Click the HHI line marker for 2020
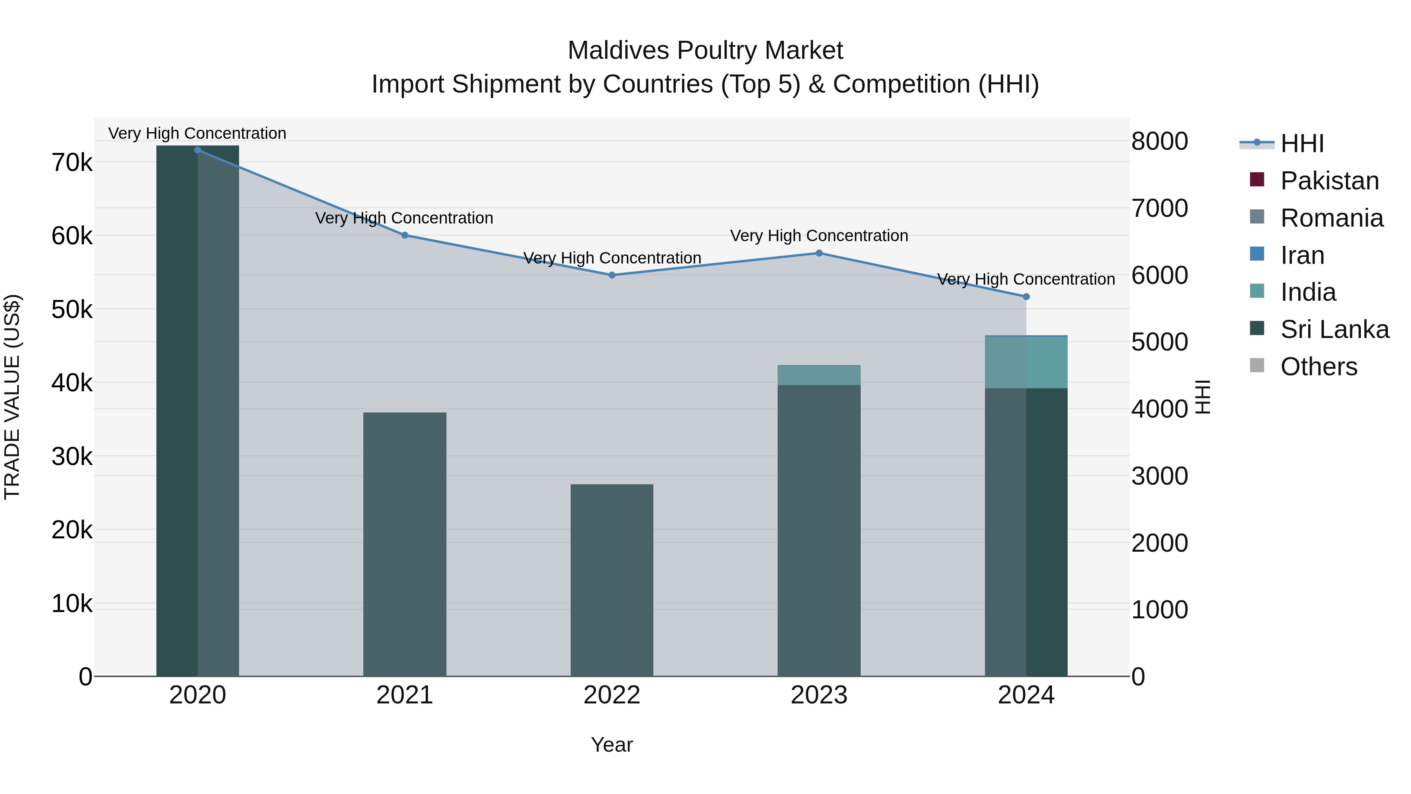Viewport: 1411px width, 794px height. tap(198, 150)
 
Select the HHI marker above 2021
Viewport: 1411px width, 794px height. tap(405, 235)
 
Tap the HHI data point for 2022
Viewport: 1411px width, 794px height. tap(612, 275)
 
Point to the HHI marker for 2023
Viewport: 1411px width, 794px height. tap(819, 253)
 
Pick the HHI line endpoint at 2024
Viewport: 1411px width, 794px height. tap(1026, 296)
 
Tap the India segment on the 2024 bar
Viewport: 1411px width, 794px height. tap(1026, 362)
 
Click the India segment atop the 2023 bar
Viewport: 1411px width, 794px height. tap(819, 375)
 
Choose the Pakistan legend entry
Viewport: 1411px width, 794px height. tap(1329, 181)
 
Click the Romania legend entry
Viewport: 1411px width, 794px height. tap(1331, 218)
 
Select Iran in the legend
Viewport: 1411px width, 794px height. tap(1302, 255)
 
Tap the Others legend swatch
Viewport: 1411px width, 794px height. tap(1257, 365)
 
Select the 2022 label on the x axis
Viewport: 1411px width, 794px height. tap(612, 695)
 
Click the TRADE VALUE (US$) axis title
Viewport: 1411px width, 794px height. tap(12, 397)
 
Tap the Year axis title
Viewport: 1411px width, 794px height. tap(612, 745)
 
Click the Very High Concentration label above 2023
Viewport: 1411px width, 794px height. tap(819, 236)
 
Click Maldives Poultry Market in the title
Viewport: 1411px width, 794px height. tap(705, 51)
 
